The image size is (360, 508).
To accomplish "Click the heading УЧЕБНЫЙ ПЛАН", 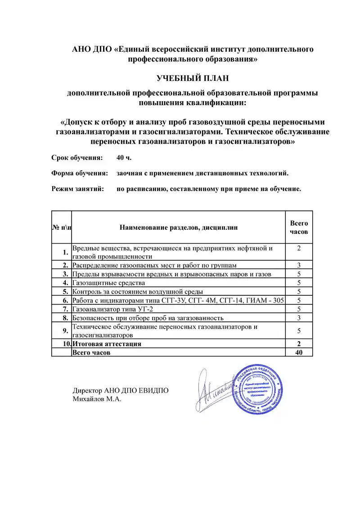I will point(193,78).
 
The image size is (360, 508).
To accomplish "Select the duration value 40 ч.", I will point(124,158).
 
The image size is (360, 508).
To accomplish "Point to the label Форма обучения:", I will point(79,173).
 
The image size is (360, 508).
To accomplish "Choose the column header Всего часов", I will point(299,227).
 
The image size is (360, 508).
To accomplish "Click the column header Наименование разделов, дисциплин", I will point(179,227).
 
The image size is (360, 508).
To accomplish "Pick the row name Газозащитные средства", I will point(109,283).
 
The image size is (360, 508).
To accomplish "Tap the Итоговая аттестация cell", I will point(107,344).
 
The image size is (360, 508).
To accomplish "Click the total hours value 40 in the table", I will point(299,353).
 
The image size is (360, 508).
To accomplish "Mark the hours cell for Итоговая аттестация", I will point(299,344).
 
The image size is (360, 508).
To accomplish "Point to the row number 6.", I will point(66,300).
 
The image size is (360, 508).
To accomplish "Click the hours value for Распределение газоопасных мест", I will point(299,265).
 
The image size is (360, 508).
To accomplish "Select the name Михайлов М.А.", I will point(97,399).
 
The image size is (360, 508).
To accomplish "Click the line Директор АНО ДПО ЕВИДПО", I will point(121,390).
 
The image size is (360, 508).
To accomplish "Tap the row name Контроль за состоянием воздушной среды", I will point(138,292).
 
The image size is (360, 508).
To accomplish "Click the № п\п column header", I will point(62,227).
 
